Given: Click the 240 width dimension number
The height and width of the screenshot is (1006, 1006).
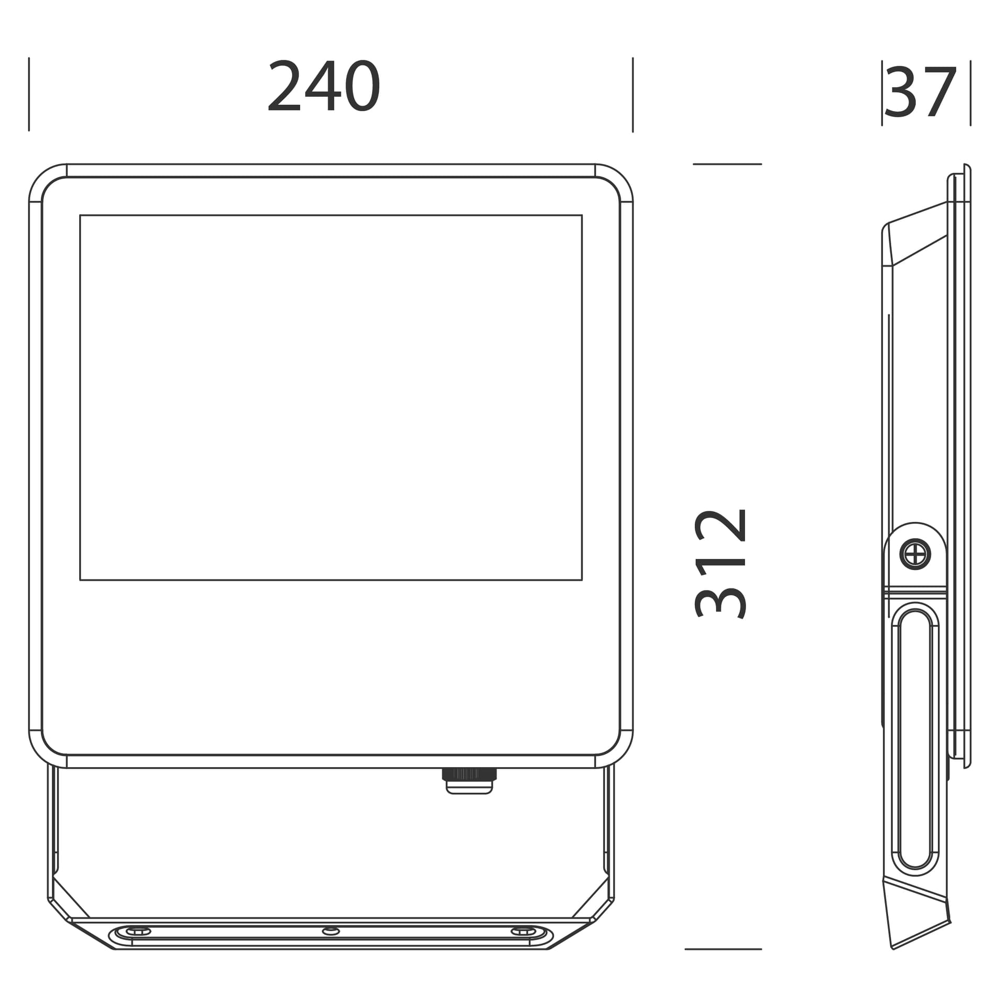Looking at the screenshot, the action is click(324, 85).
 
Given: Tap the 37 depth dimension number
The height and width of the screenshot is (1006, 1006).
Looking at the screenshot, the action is click(921, 92).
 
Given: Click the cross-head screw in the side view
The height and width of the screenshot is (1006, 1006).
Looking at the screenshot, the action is click(915, 554).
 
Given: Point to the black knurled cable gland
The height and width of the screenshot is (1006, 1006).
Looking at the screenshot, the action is click(469, 774).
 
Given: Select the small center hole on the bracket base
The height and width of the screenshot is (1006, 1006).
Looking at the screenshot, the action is click(331, 931).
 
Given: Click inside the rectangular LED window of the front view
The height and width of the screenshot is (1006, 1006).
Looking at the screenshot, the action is click(331, 398).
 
